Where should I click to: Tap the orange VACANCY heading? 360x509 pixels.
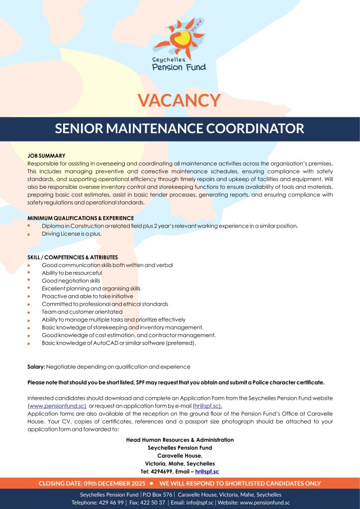click(x=179, y=100)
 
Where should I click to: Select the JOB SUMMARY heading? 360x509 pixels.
click(x=46, y=156)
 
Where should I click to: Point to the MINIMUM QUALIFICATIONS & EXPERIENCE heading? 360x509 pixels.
click(x=81, y=218)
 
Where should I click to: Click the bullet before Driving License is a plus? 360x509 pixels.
click(x=29, y=234)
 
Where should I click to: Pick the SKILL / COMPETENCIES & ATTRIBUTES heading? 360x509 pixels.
click(x=73, y=257)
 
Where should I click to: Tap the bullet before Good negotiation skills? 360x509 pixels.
click(x=29, y=281)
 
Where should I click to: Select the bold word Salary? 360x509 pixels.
click(x=36, y=367)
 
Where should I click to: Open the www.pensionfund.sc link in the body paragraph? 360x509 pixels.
click(x=57, y=406)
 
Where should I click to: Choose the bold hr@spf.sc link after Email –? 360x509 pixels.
click(x=207, y=471)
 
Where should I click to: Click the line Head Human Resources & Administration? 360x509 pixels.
click(x=180, y=440)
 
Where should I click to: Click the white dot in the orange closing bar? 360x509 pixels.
click(x=151, y=483)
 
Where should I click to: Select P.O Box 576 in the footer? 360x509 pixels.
click(x=158, y=495)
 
